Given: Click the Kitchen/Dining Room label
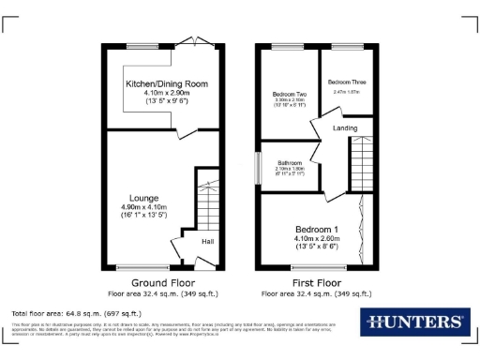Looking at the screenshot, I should [x=167, y=84].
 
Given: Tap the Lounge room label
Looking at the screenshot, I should [x=143, y=196].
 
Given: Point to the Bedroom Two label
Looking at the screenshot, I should [x=290, y=95].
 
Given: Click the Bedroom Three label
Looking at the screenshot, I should [x=348, y=82].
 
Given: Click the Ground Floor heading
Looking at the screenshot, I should [x=162, y=282].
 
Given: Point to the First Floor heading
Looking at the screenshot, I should [x=316, y=282].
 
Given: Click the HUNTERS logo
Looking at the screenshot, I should [x=412, y=322].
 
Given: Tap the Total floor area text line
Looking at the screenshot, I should [x=77, y=312].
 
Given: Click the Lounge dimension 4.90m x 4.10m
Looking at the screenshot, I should [x=143, y=206].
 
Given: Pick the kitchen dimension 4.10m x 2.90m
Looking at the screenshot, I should [x=167, y=94].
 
